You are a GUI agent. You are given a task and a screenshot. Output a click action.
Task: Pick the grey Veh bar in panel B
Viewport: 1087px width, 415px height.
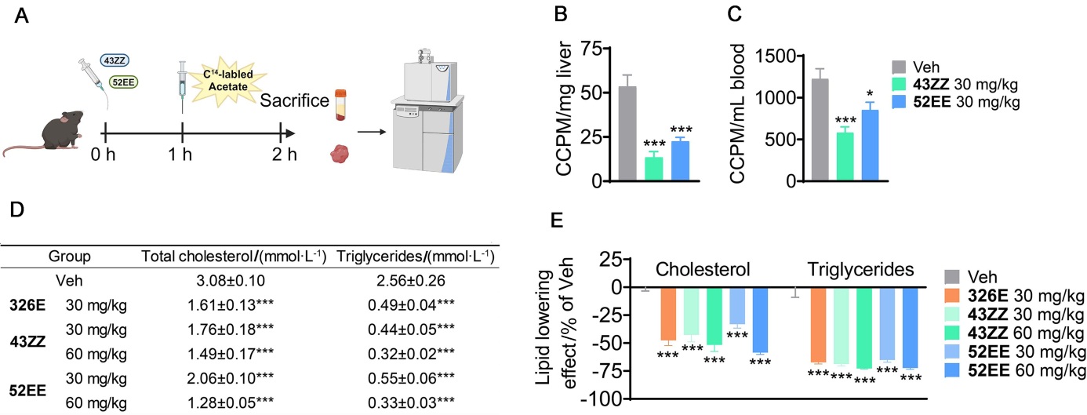click(627, 134)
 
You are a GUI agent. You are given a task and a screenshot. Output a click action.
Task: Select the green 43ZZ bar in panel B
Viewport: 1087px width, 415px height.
click(653, 169)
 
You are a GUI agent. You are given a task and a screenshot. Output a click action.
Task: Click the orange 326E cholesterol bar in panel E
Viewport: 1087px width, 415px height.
click(667, 315)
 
